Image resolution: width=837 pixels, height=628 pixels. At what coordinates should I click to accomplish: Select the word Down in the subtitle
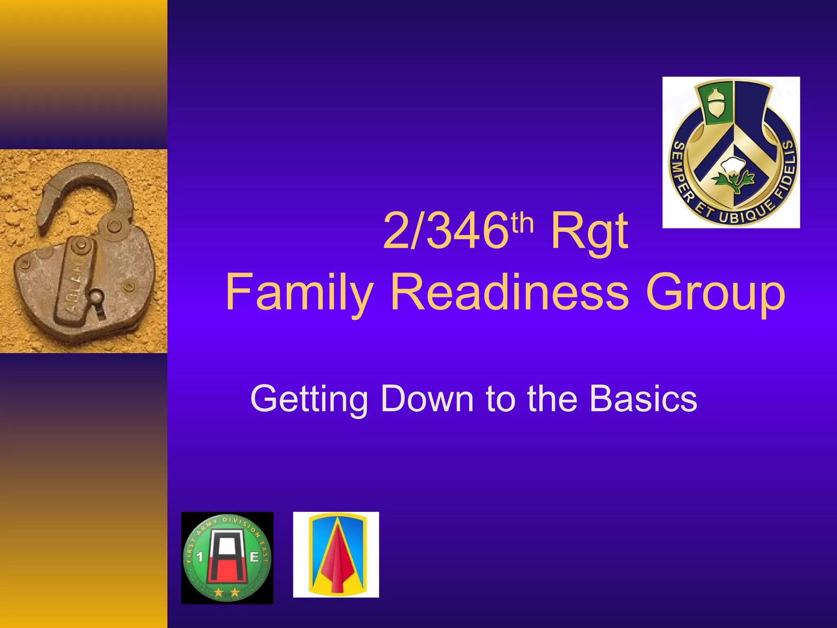[x=427, y=398]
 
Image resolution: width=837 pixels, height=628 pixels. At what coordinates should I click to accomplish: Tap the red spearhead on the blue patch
[x=336, y=558]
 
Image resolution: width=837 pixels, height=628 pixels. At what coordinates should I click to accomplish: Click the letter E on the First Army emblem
[x=254, y=557]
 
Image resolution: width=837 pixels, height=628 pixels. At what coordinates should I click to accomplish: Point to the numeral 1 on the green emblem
[x=200, y=557]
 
